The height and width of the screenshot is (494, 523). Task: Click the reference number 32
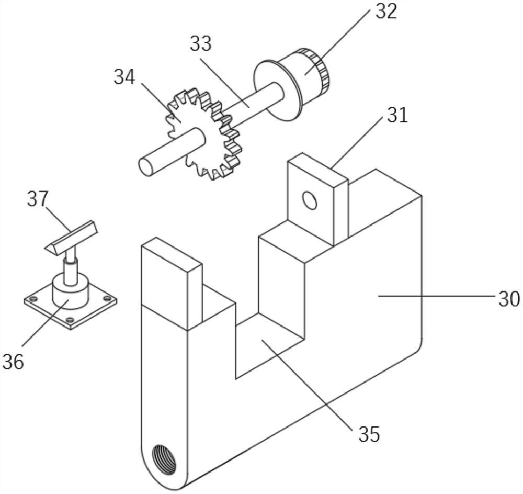click(x=386, y=12)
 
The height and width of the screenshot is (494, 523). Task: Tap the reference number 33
click(x=200, y=44)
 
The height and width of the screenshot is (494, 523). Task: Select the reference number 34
click(x=124, y=77)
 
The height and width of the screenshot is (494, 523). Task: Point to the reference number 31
click(x=397, y=115)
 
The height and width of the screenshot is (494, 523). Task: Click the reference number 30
click(x=508, y=299)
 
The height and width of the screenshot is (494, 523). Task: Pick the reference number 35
click(x=369, y=434)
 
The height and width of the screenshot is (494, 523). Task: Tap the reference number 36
click(x=13, y=361)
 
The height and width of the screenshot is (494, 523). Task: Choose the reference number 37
click(x=38, y=199)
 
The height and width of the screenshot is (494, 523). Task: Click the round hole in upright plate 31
click(x=310, y=200)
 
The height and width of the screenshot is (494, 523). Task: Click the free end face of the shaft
click(x=146, y=166)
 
